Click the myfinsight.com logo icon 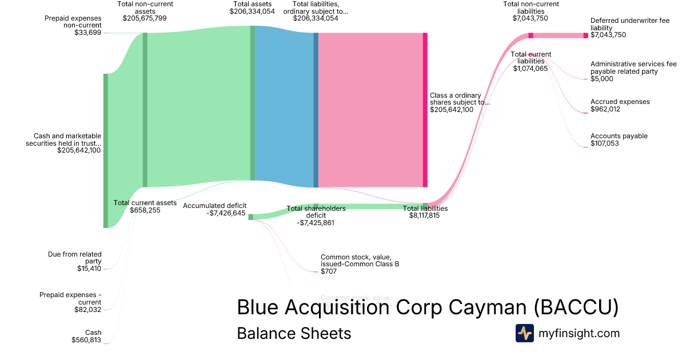524,333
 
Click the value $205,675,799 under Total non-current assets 145,18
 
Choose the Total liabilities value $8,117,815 424,216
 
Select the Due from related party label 75,258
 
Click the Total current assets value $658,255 145,210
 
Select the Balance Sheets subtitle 294,333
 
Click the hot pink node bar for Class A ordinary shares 425,110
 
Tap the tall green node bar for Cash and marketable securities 106,150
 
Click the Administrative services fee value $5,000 602,79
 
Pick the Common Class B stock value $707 329,271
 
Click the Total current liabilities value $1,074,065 531,69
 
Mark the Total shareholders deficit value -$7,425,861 316,223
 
